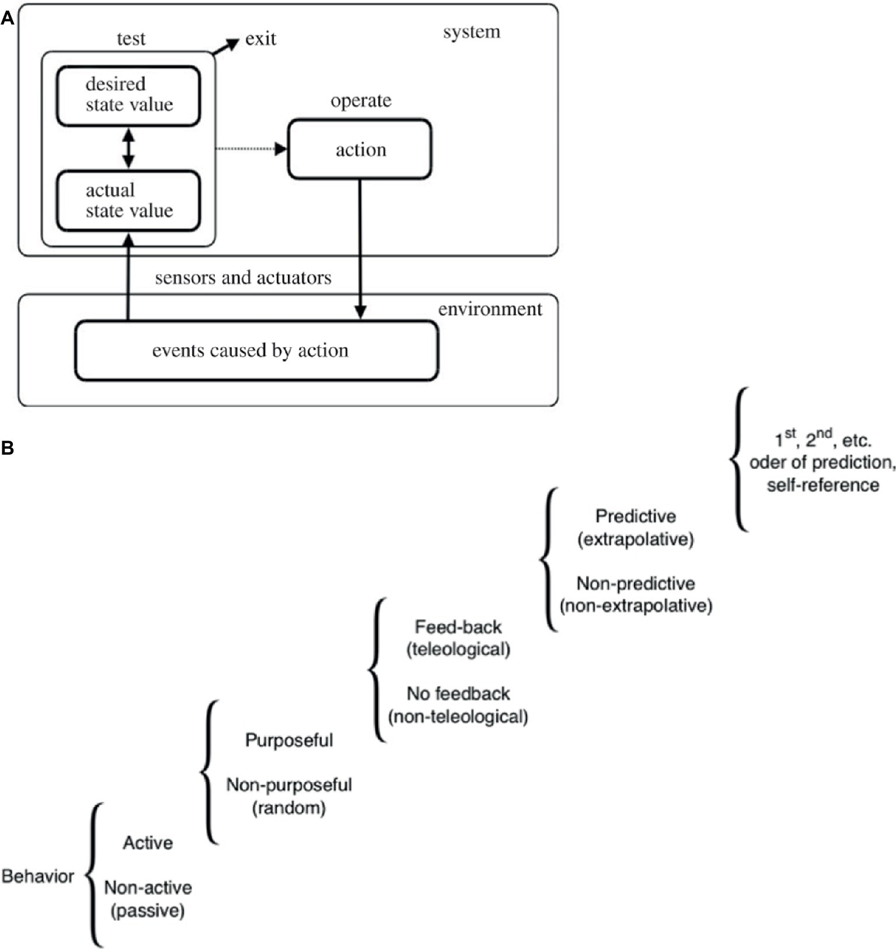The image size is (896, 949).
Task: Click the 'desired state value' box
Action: tap(128, 96)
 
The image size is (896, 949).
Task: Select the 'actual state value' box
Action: tap(128, 201)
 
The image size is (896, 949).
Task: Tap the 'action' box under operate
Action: tap(360, 149)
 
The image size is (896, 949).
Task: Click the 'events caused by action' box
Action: tap(256, 350)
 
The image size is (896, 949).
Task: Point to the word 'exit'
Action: tap(260, 39)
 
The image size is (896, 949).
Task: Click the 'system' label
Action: tap(471, 32)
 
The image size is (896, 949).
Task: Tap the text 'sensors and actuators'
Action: tap(243, 277)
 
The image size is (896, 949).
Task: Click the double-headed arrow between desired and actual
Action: tap(128, 148)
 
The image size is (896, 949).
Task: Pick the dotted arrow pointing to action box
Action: tap(251, 149)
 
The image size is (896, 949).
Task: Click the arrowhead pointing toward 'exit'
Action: tap(233, 42)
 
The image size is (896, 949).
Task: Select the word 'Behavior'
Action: tap(38, 876)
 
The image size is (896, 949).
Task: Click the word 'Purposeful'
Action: tap(289, 740)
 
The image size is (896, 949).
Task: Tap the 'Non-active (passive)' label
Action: tap(148, 899)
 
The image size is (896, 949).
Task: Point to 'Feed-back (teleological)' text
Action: tap(458, 637)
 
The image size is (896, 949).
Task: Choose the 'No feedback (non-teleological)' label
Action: tap(458, 704)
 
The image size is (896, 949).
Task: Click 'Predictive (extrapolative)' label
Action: tap(636, 527)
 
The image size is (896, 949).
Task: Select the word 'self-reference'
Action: tap(822, 485)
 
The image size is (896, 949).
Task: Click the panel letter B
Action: tap(8, 448)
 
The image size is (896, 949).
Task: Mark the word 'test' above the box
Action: tap(131, 39)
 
